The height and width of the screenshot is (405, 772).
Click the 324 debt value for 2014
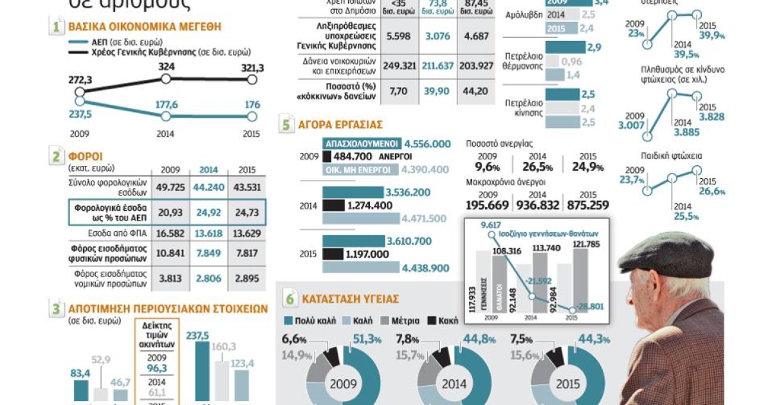[x=165, y=66]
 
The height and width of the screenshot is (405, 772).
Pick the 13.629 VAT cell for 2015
[x=247, y=232]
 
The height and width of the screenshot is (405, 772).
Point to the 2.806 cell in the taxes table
[x=208, y=278]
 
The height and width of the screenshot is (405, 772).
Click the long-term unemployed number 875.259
[x=587, y=205]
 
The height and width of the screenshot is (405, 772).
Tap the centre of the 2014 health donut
[x=452, y=385]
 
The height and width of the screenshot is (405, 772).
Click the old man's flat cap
[x=666, y=254]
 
